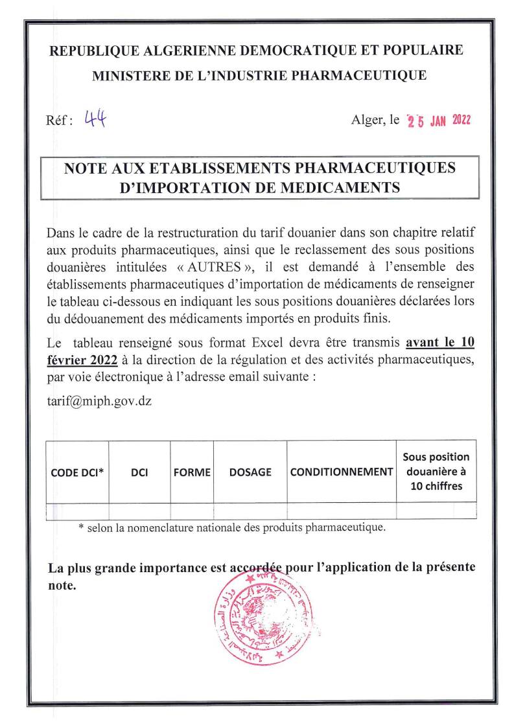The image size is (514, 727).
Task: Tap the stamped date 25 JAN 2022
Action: point(438,121)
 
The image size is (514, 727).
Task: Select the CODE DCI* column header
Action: point(77,472)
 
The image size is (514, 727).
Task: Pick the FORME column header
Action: point(193,472)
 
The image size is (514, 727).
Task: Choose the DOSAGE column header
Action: point(250,472)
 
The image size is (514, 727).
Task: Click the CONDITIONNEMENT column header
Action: point(342,472)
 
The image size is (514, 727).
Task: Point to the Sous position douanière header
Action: point(436,472)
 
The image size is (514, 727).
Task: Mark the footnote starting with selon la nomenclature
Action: point(231,527)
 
